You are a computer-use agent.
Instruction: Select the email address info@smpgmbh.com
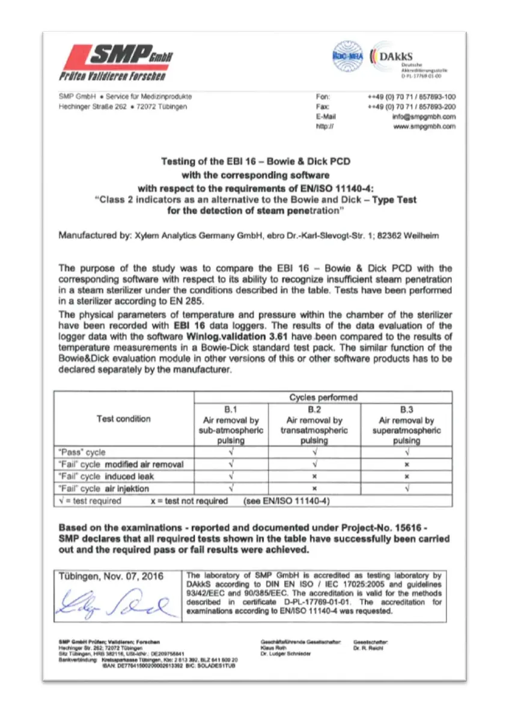424,117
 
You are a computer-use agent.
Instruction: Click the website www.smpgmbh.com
424,127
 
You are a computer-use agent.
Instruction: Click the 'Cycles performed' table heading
323,397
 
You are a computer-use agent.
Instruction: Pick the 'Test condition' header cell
123,419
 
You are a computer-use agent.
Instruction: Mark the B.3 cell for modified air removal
407,464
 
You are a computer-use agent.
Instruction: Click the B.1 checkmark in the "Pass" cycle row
231,452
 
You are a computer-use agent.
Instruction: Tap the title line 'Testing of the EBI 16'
255,162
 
